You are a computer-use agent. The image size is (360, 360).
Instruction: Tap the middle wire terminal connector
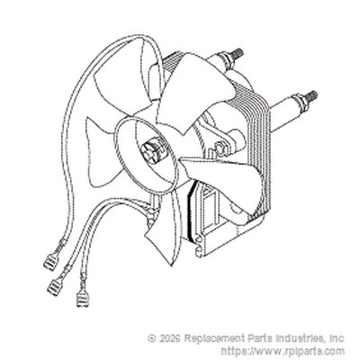55,285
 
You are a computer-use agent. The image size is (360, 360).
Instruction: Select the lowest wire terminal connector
82,300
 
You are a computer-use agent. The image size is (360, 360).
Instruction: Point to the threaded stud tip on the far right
311,96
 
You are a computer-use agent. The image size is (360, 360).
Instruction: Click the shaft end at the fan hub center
149,150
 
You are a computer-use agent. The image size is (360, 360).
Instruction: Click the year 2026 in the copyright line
170,338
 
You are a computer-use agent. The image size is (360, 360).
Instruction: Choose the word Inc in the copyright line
337,338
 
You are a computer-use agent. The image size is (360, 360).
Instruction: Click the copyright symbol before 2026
152,338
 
